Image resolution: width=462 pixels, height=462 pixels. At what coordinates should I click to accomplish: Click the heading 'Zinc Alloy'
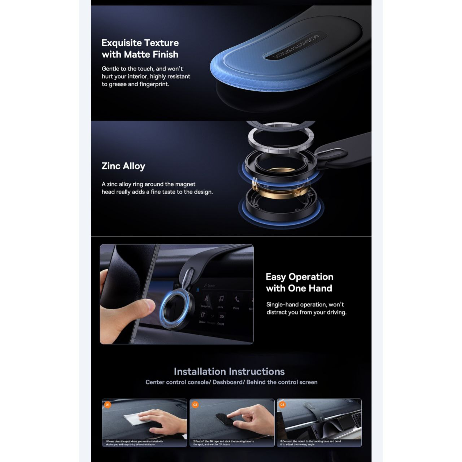(123, 166)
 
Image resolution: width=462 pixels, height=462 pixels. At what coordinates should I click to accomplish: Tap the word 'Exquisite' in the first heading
(121, 43)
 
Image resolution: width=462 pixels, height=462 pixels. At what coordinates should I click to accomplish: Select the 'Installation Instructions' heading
(229, 371)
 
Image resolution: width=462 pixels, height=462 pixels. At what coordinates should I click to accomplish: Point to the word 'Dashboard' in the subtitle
(227, 382)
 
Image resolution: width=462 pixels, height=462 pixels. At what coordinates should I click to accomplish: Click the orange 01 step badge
(107, 405)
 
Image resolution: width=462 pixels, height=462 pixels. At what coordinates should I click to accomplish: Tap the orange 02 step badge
(195, 405)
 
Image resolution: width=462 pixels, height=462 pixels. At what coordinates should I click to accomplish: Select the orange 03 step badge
(282, 405)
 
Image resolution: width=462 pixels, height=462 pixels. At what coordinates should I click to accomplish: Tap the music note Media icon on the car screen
(221, 298)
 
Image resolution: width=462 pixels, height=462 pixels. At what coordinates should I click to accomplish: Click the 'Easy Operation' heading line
(299, 277)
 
